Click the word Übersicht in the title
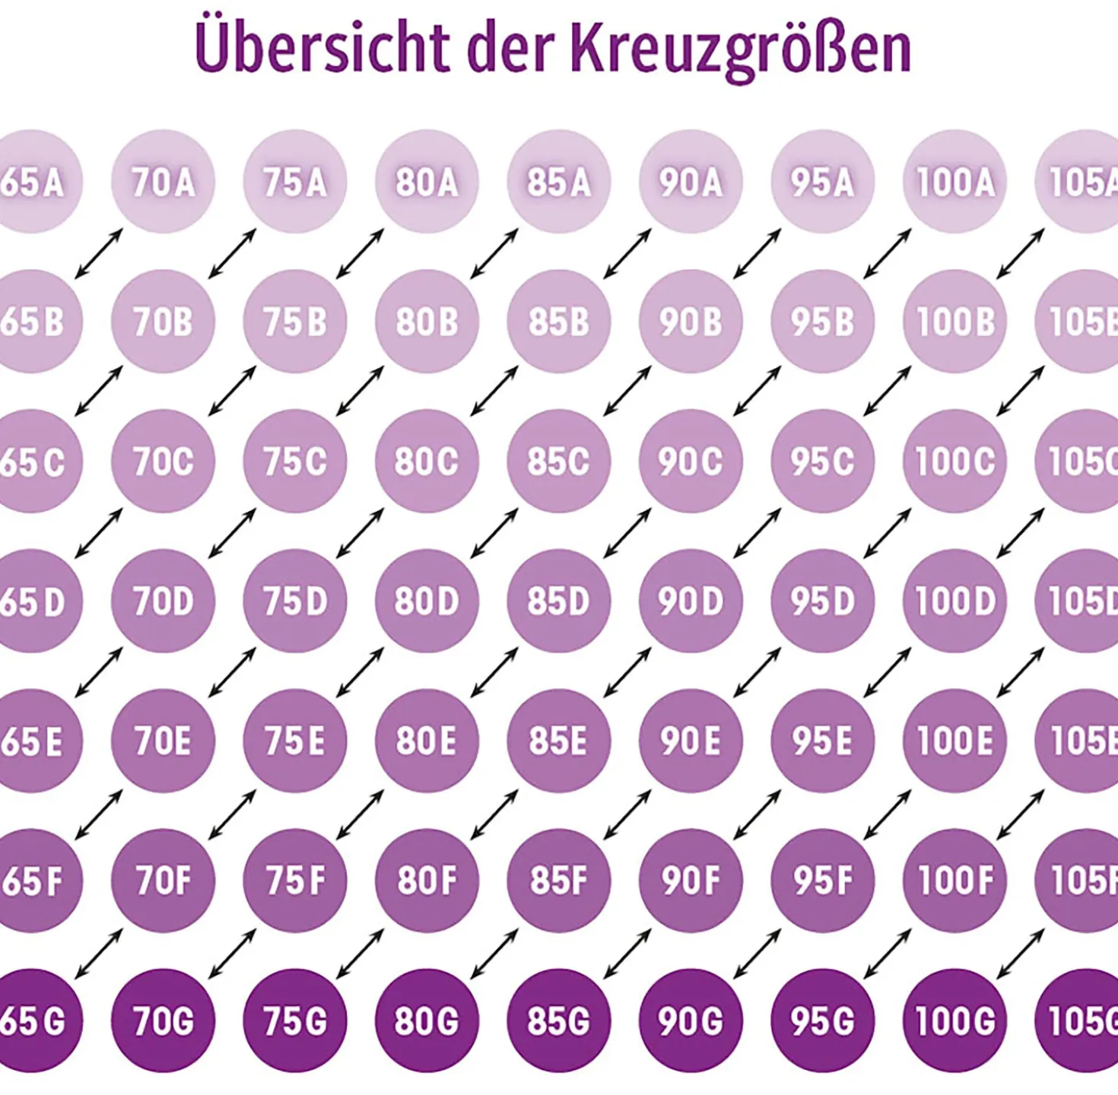coord(322,46)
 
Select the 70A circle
coord(163,182)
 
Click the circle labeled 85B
coord(559,321)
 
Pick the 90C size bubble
coord(691,462)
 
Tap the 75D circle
coord(295,601)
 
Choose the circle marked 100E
coord(954,741)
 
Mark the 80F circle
coord(427,881)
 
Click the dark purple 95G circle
coord(822,1020)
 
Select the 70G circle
coord(163,1020)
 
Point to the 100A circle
coord(954,182)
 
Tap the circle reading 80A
coord(427,182)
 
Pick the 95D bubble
coord(822,601)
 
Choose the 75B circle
coord(295,321)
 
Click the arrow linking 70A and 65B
coord(99,253)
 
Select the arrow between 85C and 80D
coord(494,533)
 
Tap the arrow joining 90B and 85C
coord(627,391)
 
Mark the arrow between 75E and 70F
coord(232,814)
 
